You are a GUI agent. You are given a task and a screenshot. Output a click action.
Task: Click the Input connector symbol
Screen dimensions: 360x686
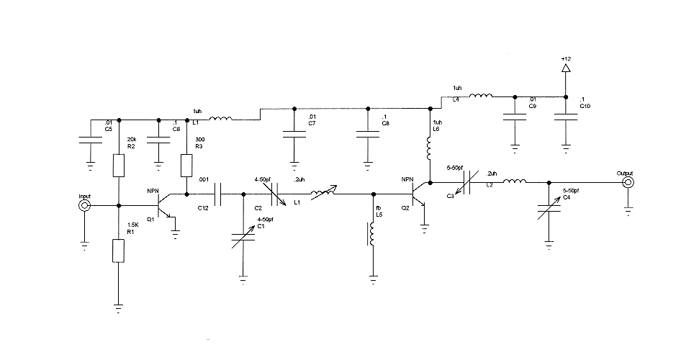[x=85, y=206]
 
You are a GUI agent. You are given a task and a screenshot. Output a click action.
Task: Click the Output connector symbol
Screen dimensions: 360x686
[x=628, y=183]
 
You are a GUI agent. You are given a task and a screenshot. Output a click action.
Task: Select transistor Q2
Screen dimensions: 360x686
[x=419, y=194]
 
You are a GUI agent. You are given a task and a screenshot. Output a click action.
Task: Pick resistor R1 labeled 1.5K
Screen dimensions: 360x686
[x=119, y=250]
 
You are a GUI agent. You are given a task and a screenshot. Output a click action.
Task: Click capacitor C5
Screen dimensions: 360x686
[x=91, y=140]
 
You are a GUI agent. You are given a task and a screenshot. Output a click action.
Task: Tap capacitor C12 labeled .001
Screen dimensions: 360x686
[x=220, y=194]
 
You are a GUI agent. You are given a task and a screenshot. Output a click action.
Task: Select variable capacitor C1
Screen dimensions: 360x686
[x=244, y=238]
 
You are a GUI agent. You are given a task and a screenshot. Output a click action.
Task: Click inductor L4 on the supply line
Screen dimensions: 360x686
[x=481, y=95]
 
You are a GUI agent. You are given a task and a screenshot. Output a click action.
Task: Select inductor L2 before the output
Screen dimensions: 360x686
[x=513, y=183]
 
